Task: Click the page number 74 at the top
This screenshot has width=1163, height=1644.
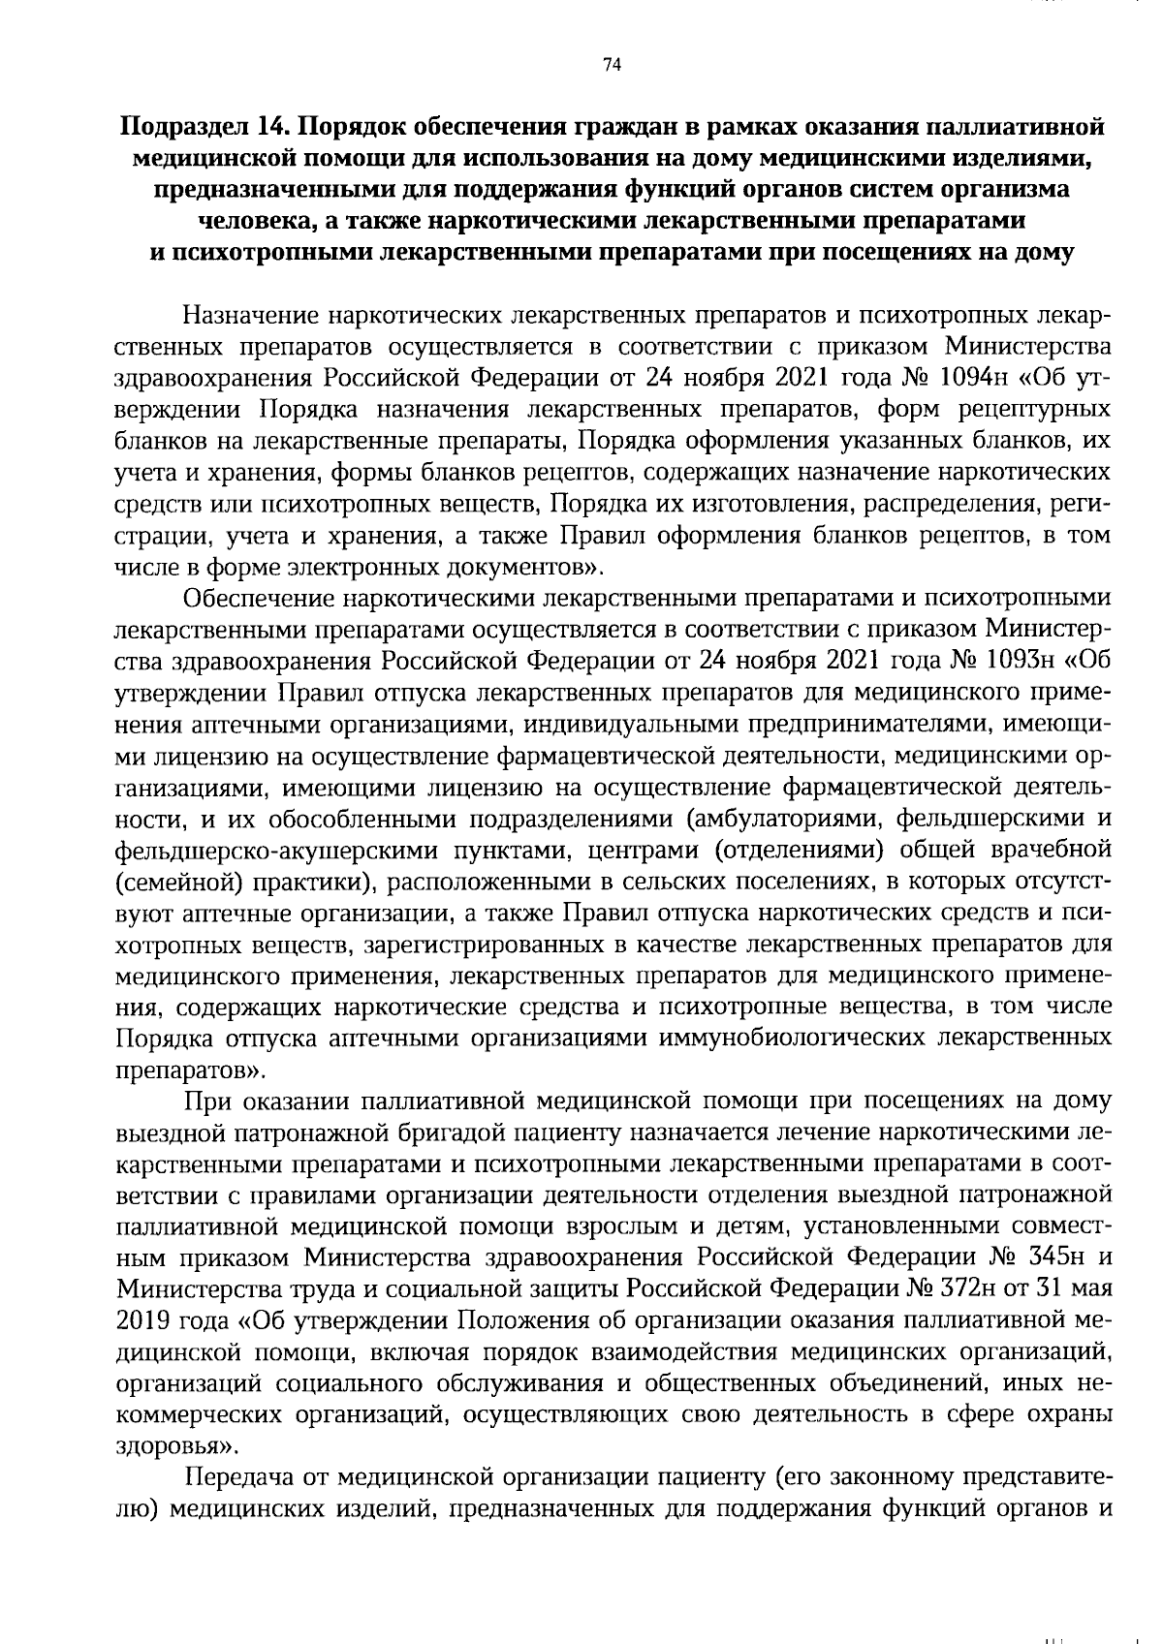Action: (x=611, y=66)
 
